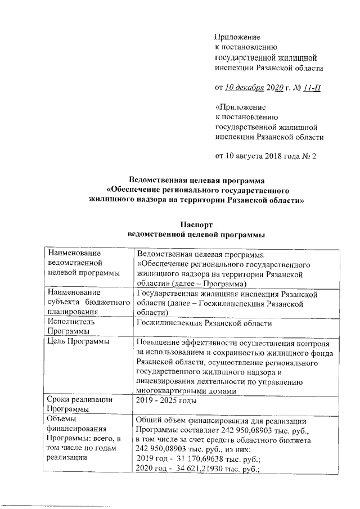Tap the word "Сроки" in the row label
[x=60, y=399]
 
